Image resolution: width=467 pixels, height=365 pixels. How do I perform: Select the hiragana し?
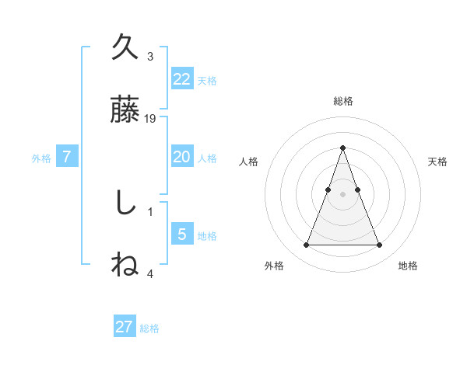(x=125, y=203)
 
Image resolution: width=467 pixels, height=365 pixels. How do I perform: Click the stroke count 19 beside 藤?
(x=151, y=119)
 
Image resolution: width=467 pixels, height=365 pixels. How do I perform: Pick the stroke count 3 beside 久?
(x=150, y=57)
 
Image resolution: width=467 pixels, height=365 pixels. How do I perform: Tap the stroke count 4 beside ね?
(x=150, y=273)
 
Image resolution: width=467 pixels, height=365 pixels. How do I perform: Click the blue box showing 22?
(x=181, y=78)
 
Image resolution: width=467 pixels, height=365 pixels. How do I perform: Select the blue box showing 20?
(x=181, y=157)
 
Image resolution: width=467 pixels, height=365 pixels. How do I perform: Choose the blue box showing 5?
(x=181, y=235)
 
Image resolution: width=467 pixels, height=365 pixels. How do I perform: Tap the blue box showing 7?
(x=67, y=157)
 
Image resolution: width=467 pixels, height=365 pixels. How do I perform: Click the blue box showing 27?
(x=125, y=327)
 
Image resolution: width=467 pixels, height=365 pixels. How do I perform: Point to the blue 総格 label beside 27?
(x=150, y=328)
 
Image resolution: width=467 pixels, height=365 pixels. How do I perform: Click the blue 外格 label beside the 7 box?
(x=41, y=158)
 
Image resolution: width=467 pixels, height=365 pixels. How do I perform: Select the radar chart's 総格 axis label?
(x=342, y=101)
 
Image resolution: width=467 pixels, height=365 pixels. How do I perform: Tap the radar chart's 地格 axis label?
(x=408, y=266)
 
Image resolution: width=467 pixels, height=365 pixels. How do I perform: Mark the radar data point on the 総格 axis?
(x=342, y=148)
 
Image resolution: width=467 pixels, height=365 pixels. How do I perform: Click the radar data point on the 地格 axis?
(x=379, y=245)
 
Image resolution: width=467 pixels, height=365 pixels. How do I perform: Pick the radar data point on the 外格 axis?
(x=306, y=245)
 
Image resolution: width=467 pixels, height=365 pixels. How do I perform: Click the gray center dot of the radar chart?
(x=342, y=194)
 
